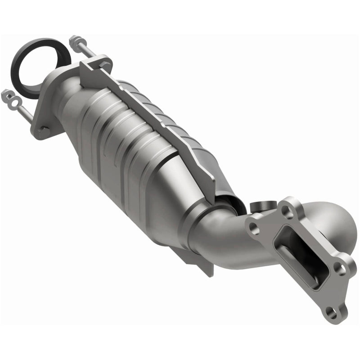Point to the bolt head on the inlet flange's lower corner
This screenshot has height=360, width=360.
click(44, 130)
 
